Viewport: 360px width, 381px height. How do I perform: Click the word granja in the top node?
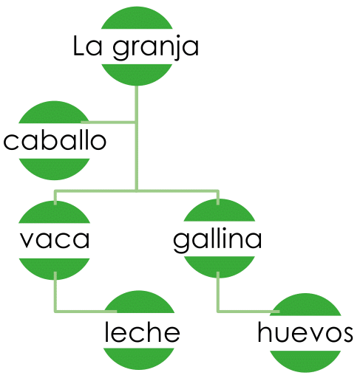coord(155,48)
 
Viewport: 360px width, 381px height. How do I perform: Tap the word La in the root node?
coord(87,46)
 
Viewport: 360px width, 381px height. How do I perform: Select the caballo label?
coord(55,140)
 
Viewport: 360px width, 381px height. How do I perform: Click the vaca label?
coord(55,239)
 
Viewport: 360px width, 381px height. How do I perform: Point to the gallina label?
coord(217,240)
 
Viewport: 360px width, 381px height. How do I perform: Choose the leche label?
coord(142,332)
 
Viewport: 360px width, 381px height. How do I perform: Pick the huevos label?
coord(305,332)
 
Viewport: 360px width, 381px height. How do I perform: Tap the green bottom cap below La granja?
coord(137,74)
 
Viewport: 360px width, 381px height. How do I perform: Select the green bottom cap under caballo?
coord(54,168)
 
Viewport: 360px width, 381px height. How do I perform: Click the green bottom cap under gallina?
coord(219,267)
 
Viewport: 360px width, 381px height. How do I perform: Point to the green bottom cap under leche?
coord(139,358)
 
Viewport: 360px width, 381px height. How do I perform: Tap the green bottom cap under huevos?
coord(305,361)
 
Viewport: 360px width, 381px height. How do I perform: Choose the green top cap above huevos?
coord(305,305)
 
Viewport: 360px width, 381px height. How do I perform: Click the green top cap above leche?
coord(139,303)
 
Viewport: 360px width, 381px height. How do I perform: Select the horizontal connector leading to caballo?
coord(109,122)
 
